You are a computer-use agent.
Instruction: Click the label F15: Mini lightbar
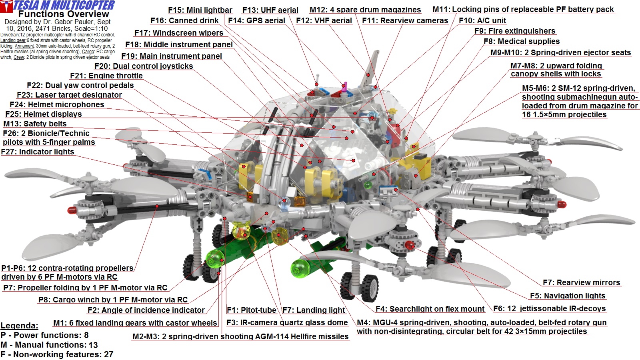click(x=200, y=10)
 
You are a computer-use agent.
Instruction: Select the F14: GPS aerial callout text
click(x=256, y=20)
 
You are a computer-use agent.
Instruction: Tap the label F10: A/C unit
click(x=482, y=20)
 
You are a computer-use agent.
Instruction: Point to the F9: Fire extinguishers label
click(x=515, y=31)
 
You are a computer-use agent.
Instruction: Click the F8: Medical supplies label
click(x=522, y=41)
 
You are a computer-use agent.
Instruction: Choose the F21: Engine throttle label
click(x=106, y=76)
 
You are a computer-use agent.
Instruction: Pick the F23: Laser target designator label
click(x=69, y=95)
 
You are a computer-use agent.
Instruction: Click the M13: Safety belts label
click(x=35, y=124)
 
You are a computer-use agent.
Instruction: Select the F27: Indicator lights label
click(x=38, y=152)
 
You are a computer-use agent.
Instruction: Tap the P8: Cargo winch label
click(x=113, y=300)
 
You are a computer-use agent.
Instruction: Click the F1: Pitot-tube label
click(x=251, y=310)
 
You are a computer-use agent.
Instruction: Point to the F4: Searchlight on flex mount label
click(x=430, y=309)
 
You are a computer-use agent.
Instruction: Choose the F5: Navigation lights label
click(x=568, y=296)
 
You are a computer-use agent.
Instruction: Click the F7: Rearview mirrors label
click(x=581, y=282)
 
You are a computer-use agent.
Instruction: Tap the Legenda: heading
click(x=19, y=326)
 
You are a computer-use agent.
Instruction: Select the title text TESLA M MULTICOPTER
click(x=64, y=5)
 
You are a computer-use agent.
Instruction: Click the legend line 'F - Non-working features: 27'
click(x=57, y=354)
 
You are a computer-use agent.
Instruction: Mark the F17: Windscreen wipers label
click(x=179, y=33)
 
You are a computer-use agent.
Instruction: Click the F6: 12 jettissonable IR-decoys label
click(x=549, y=308)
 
